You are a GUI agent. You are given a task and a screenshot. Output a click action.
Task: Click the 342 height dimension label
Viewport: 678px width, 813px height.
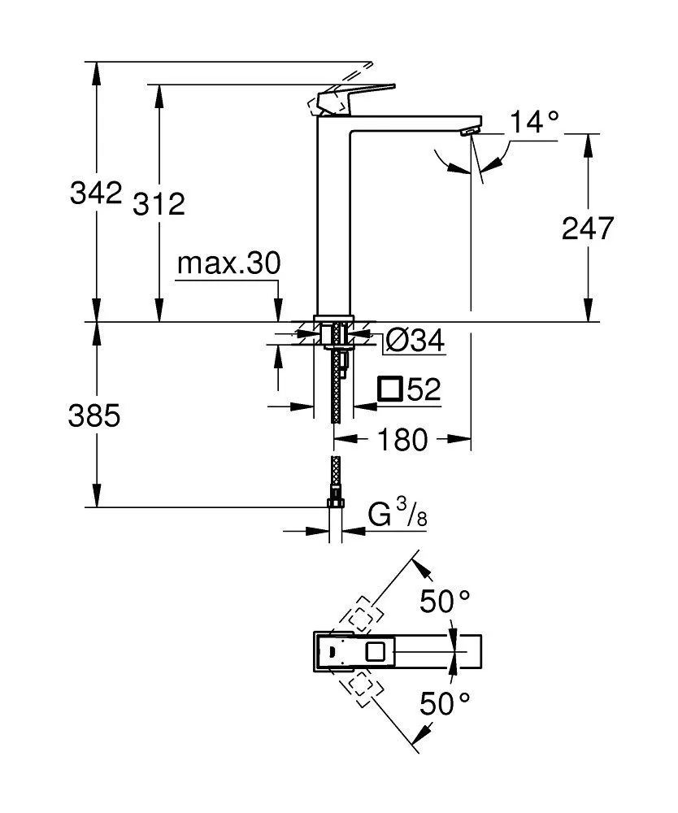click(x=96, y=194)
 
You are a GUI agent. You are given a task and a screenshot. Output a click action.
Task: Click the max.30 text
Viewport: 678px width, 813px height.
click(x=228, y=263)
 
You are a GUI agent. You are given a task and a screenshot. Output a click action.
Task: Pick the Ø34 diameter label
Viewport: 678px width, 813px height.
click(x=415, y=341)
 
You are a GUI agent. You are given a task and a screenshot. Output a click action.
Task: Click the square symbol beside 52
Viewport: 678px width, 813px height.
click(x=391, y=389)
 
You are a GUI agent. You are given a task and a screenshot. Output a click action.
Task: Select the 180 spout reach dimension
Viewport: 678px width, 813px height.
click(x=402, y=440)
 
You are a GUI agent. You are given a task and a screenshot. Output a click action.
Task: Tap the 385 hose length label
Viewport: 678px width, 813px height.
click(x=95, y=415)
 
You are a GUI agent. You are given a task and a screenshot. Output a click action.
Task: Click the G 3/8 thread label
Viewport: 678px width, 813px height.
click(x=398, y=515)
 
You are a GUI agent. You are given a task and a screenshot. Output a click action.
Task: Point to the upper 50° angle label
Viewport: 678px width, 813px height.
click(x=445, y=602)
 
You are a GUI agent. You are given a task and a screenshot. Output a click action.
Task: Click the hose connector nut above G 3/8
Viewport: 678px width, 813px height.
click(x=335, y=501)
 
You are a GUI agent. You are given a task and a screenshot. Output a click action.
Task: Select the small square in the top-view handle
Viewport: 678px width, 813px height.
click(x=376, y=651)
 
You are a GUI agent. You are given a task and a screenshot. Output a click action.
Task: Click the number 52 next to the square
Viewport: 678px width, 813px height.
click(x=424, y=389)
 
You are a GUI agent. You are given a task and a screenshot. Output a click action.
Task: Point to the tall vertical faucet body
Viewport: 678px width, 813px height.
click(x=333, y=220)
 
